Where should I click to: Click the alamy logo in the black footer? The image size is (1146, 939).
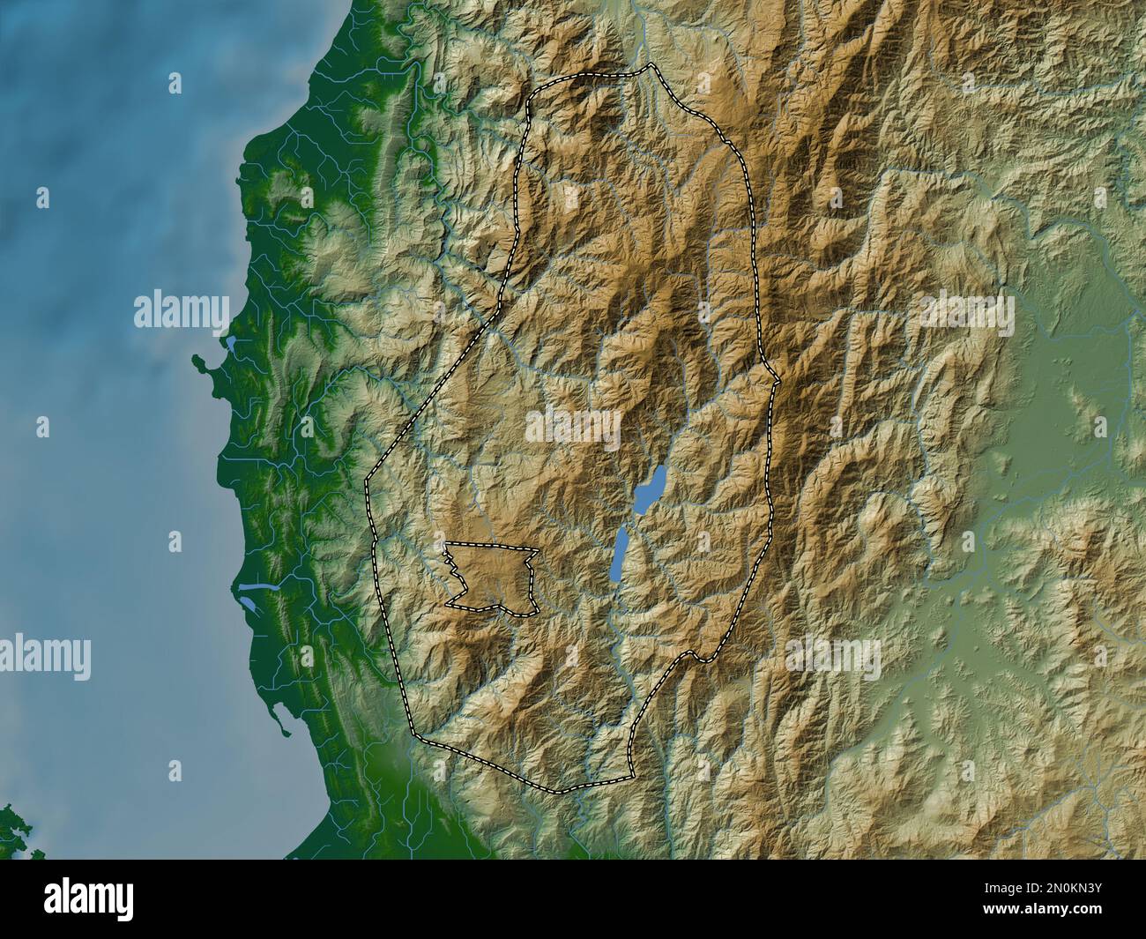pos(90,898)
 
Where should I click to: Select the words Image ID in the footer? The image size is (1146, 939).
pos(1039,887)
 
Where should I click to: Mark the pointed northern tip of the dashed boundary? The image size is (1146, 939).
pos(651,65)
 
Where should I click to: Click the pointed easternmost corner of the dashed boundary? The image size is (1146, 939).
pos(778,380)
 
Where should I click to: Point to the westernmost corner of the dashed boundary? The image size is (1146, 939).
pos(367,482)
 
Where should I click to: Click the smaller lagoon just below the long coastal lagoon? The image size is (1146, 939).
pos(246,607)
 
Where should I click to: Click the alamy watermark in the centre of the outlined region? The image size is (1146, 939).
pos(573,425)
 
